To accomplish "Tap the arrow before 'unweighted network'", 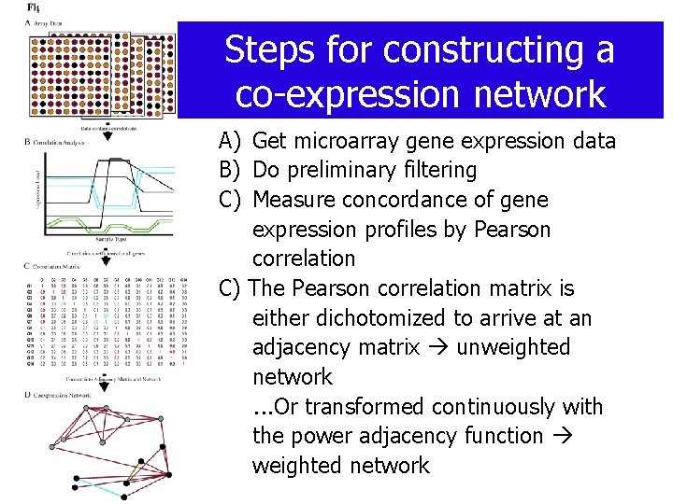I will coord(437,348).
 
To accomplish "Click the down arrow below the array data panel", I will coord(107,135).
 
